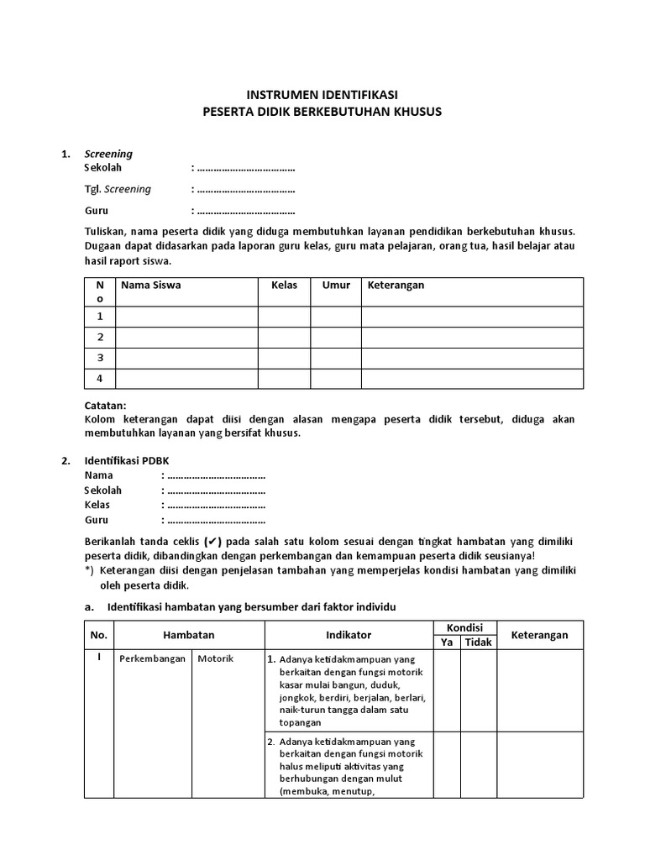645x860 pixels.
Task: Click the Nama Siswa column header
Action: [x=151, y=286]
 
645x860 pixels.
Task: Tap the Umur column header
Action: [x=336, y=286]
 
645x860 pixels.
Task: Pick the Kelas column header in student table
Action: [x=285, y=286]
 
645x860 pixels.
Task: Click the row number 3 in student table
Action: [x=100, y=358]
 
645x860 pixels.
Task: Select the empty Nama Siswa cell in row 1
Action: [x=186, y=317]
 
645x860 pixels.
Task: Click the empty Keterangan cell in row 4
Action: [x=471, y=379]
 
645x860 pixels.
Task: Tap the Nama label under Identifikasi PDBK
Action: [x=98, y=475]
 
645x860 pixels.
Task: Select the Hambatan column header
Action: [x=189, y=635]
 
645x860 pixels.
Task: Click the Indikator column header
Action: [x=349, y=635]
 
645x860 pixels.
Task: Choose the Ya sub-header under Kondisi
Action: [x=447, y=642]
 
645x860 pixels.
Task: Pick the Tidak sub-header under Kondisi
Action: [x=479, y=642]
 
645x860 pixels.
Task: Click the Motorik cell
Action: [x=216, y=658]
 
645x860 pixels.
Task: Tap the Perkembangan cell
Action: [x=152, y=658]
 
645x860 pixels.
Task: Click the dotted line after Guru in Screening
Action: [x=244, y=212]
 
